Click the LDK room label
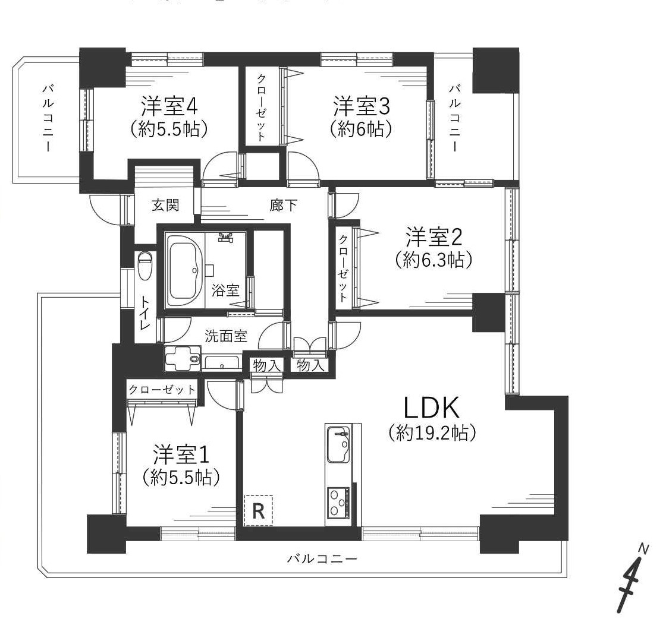coord(431,408)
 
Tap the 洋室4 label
coord(169,106)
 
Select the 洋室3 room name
coord(362,106)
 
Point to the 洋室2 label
coord(433,237)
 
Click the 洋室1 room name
coord(181,455)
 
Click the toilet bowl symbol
coord(145,266)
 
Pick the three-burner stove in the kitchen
coord(338,504)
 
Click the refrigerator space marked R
coord(258,510)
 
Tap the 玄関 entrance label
coord(166,206)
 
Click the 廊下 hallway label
coord(283,206)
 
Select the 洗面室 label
coord(226,336)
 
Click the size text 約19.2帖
coord(432,432)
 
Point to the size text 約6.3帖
coord(433,260)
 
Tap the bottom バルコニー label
coord(322,558)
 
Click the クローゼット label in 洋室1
coord(162,390)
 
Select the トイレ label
coord(145,314)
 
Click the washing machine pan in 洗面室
coord(182,358)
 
